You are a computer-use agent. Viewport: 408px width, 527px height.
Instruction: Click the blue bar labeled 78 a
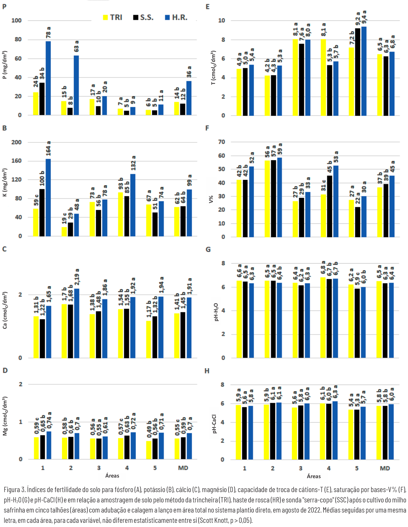click(48, 78)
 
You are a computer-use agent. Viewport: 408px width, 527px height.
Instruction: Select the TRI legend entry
click(113, 17)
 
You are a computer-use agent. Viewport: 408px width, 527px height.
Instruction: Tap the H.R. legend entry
click(176, 17)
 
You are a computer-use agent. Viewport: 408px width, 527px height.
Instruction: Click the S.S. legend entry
click(143, 17)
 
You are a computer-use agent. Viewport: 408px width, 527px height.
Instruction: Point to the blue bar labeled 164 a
click(48, 197)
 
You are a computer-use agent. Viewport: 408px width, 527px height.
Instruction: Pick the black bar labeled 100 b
click(42, 212)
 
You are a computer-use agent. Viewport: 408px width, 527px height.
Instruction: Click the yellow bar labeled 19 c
click(64, 231)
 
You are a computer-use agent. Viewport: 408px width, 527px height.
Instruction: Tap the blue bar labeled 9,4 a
click(364, 71)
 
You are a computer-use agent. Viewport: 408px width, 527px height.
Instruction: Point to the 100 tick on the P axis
click(16, 20)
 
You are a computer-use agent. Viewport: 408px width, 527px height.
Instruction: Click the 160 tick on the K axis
click(16, 161)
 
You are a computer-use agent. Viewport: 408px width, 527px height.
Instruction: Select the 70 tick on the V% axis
click(221, 142)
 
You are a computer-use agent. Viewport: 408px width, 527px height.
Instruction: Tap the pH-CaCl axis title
click(214, 424)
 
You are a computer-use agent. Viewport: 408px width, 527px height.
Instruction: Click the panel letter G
click(208, 250)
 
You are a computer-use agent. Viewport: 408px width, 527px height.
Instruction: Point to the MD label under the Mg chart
click(183, 468)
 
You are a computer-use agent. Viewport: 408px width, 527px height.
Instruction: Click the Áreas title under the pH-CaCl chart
click(314, 476)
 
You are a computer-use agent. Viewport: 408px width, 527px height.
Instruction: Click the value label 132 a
click(134, 163)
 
